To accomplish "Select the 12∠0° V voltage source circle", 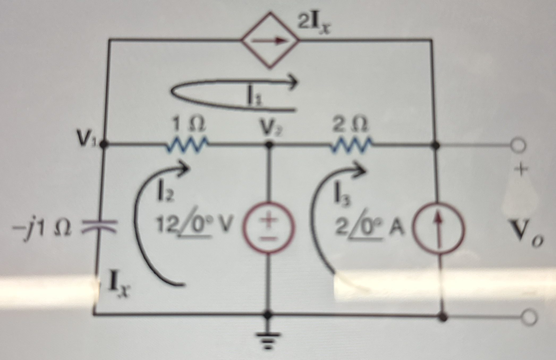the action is click(269, 229).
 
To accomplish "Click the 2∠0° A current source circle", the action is click(439, 229).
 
